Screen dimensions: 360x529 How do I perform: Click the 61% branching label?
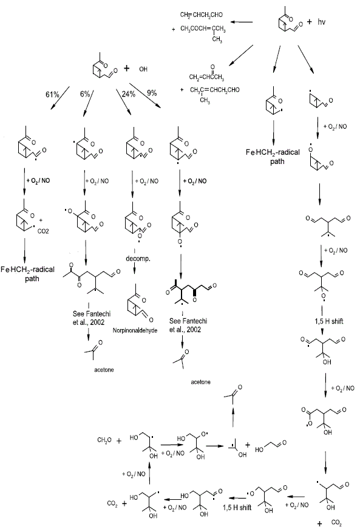click(x=52, y=94)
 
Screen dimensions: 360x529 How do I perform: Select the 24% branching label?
click(x=129, y=94)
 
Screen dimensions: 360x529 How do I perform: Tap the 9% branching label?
click(x=152, y=92)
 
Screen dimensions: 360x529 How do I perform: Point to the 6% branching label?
click(x=85, y=94)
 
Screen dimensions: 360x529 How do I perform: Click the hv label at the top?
click(x=321, y=22)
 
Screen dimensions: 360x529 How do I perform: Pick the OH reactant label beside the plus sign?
click(x=143, y=69)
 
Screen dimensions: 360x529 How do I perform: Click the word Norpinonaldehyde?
click(x=135, y=330)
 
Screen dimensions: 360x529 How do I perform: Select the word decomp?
click(x=138, y=259)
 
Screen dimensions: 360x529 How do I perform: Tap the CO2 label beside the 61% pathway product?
click(x=43, y=231)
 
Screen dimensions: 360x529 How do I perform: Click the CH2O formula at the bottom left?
click(x=104, y=440)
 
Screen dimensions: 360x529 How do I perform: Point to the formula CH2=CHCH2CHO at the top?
click(x=201, y=15)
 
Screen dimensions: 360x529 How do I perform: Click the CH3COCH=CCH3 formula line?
click(x=203, y=29)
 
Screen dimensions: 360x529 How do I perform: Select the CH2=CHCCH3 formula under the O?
click(x=206, y=77)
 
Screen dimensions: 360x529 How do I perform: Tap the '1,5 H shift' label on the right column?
click(x=329, y=321)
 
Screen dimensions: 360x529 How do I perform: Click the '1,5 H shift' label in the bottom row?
click(x=237, y=507)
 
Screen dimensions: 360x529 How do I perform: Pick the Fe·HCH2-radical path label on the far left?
click(x=28, y=274)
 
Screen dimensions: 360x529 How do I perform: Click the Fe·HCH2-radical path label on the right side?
click(x=273, y=157)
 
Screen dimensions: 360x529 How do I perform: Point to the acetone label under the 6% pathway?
click(x=104, y=370)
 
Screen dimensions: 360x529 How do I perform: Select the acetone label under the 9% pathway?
click(x=200, y=382)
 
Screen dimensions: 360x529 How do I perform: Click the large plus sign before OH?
click(x=126, y=69)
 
